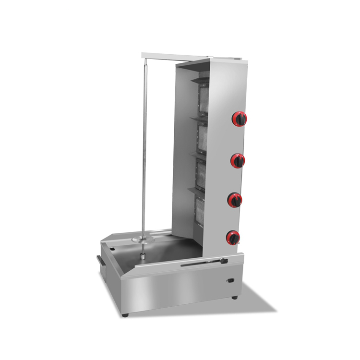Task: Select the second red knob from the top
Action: coord(238,160)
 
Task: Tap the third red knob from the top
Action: coord(235,200)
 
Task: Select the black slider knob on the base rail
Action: coord(222,262)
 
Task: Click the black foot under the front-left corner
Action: coord(124,315)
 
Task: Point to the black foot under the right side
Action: coord(234,298)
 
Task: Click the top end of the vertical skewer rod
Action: coord(144,61)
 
